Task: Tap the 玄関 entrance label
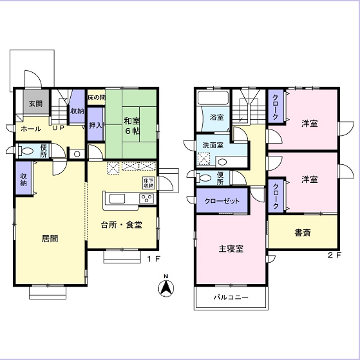(x=36, y=104)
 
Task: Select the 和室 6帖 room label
(x=132, y=126)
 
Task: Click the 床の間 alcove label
(x=97, y=97)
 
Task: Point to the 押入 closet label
(x=95, y=126)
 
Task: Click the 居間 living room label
(x=50, y=238)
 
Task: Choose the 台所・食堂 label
(x=122, y=225)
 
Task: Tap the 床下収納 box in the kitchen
(x=149, y=183)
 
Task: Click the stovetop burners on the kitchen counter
(x=147, y=198)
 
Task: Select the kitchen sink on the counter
(x=117, y=198)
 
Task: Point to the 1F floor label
(x=153, y=259)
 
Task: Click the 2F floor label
(x=334, y=255)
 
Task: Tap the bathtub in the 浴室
(x=213, y=99)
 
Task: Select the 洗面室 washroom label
(x=213, y=145)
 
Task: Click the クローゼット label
(x=222, y=201)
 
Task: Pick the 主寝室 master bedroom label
(x=231, y=249)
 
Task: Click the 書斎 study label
(x=303, y=232)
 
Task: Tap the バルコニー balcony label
(x=231, y=298)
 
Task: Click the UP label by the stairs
(x=58, y=128)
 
